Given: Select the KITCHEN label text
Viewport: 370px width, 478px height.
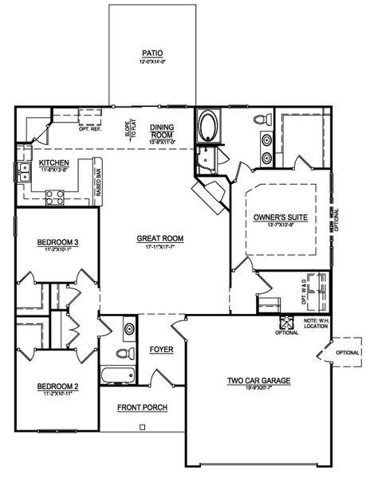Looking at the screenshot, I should pos(44,162).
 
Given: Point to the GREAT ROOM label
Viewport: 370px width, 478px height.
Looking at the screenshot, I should pos(161,237).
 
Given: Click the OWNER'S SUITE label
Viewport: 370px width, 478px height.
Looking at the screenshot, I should pos(280,217).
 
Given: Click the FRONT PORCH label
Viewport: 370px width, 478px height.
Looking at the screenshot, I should pos(142,408).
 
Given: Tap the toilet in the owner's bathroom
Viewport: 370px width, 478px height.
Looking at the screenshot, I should pos(259,120).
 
